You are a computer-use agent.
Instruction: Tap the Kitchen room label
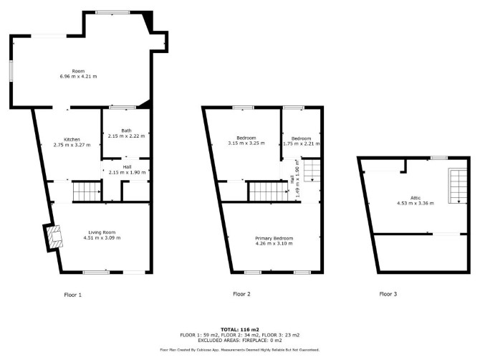tap(72, 140)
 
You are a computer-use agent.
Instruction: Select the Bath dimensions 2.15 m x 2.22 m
tap(126, 136)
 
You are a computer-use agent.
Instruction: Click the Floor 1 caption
tap(73, 295)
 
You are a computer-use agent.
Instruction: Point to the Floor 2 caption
tap(242, 294)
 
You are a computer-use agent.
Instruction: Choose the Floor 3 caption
tap(388, 294)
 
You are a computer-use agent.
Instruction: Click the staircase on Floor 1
tap(87, 191)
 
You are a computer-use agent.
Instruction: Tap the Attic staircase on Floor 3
tap(458, 186)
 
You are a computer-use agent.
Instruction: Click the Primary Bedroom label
tap(274, 238)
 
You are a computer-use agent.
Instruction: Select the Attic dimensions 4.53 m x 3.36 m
tap(416, 203)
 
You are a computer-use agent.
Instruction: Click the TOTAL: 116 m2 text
tap(240, 330)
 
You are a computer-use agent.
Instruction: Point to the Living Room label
tap(102, 232)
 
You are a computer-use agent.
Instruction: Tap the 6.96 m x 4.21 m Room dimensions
tap(78, 76)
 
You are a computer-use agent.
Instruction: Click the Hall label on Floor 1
tap(127, 167)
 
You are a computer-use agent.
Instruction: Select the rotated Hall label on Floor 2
tap(292, 179)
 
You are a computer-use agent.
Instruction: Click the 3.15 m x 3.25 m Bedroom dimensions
tap(246, 143)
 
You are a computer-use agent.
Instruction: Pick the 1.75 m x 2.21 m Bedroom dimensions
tap(301, 143)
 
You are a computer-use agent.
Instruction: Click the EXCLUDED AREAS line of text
tap(240, 341)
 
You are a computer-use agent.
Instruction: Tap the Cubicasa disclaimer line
tap(240, 350)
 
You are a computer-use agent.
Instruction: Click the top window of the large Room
tap(112, 13)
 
